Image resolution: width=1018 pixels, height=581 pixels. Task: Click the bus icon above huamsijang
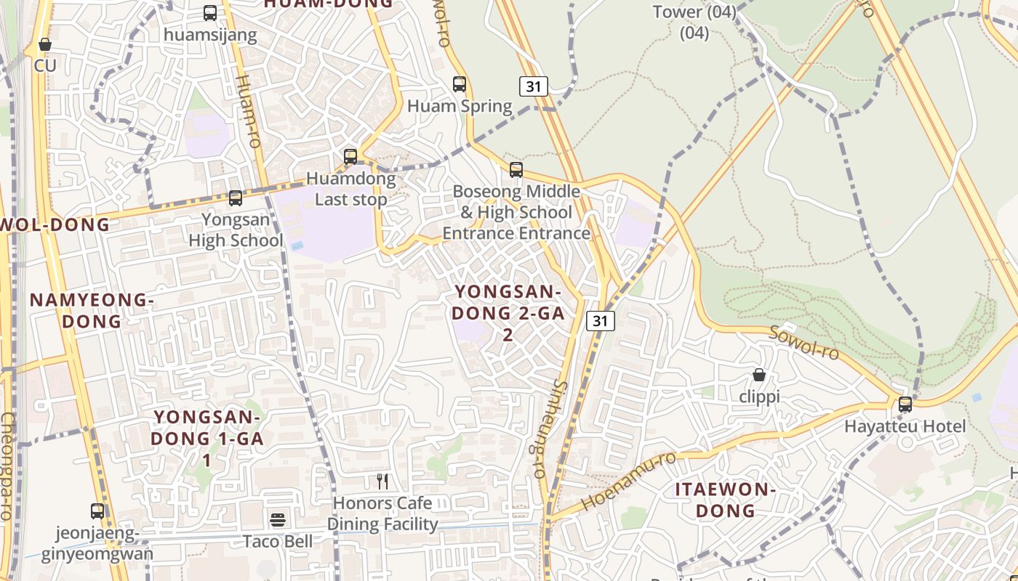coord(210,12)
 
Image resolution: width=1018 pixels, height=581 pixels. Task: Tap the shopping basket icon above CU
coord(45,44)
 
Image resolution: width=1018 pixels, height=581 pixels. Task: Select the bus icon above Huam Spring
coord(459,84)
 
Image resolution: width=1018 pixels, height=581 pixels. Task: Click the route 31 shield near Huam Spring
coord(534,86)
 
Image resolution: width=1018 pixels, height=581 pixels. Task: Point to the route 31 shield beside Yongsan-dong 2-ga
coord(601,321)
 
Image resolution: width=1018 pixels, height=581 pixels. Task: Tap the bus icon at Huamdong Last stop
coord(350,156)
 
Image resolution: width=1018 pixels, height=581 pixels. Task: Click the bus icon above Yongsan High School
coord(235,198)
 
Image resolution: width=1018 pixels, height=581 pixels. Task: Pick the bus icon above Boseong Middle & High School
coord(516,170)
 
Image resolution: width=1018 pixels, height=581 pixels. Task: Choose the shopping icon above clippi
coord(759,375)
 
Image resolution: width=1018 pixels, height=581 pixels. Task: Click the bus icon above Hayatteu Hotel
coord(905,405)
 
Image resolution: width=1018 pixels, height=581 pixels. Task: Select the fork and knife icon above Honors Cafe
coord(382,481)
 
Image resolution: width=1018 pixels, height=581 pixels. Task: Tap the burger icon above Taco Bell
coord(278,519)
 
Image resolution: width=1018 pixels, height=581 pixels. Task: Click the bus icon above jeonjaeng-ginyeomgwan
coord(97,511)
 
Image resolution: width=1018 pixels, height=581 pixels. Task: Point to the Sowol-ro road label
coord(804,343)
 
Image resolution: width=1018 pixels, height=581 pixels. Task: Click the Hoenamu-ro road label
coord(628,481)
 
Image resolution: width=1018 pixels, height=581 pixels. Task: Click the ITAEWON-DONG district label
coord(725,500)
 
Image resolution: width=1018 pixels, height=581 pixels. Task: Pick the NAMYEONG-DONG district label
coord(91,310)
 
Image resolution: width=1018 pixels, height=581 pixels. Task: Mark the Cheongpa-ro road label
coord(8,465)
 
